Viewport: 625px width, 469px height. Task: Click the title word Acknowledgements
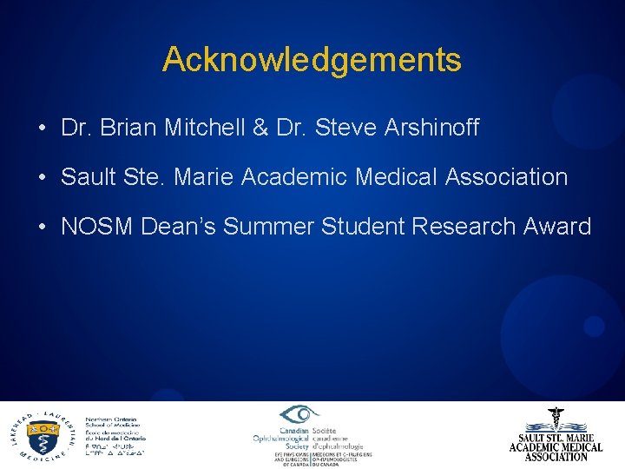point(312,60)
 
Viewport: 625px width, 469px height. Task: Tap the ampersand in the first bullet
point(260,129)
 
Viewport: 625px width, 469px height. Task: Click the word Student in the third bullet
point(365,228)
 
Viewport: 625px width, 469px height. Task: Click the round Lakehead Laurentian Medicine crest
point(43,433)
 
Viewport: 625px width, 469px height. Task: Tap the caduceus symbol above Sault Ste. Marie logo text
point(556,419)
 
